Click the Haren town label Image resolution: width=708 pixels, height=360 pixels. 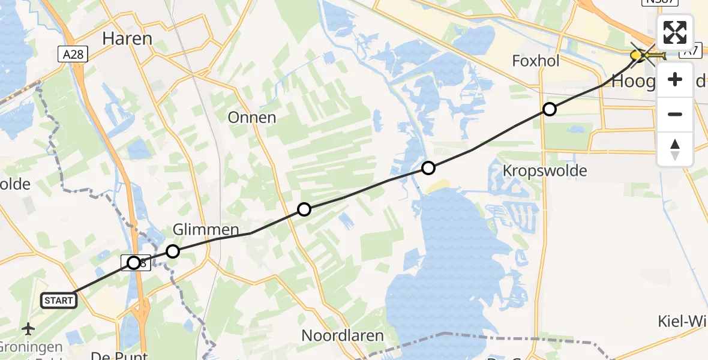tap(127, 38)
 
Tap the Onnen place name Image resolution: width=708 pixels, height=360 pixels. tap(252, 118)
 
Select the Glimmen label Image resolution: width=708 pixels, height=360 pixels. tap(206, 229)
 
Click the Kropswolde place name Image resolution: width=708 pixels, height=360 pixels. tap(544, 171)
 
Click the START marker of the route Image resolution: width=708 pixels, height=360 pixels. tap(58, 300)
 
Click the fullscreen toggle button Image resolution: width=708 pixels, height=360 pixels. tap(675, 32)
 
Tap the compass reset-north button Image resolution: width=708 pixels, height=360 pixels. tap(675, 148)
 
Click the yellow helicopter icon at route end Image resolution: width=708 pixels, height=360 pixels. tap(640, 56)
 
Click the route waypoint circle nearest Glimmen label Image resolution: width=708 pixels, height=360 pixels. tap(173, 251)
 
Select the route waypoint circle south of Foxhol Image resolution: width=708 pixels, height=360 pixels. tap(549, 109)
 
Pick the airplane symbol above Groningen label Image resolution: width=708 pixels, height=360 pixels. tap(28, 329)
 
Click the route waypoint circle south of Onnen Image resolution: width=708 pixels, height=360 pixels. tap(304, 209)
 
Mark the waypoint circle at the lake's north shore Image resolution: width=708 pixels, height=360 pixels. tap(428, 168)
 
